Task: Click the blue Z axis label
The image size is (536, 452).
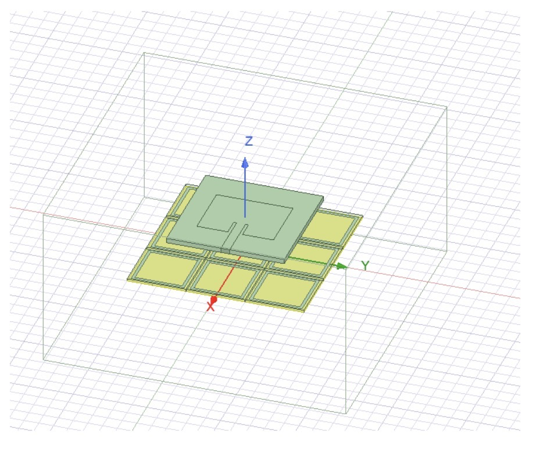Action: click(249, 141)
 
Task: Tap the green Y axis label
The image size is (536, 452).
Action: click(365, 266)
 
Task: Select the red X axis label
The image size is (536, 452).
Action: click(210, 307)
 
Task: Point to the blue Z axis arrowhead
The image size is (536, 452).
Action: click(245, 162)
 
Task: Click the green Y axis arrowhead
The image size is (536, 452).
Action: click(342, 266)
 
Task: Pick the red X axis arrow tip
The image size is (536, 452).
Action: click(213, 299)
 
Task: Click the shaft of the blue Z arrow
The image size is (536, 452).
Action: click(245, 192)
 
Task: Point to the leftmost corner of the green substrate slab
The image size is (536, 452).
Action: click(167, 238)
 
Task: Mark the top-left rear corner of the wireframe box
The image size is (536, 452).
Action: click(144, 53)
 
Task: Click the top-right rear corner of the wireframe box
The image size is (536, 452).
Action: click(446, 107)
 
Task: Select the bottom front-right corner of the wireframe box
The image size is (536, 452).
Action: click(346, 413)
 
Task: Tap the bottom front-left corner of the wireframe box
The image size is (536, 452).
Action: click(44, 359)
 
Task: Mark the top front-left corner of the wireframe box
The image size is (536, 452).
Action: click(44, 213)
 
